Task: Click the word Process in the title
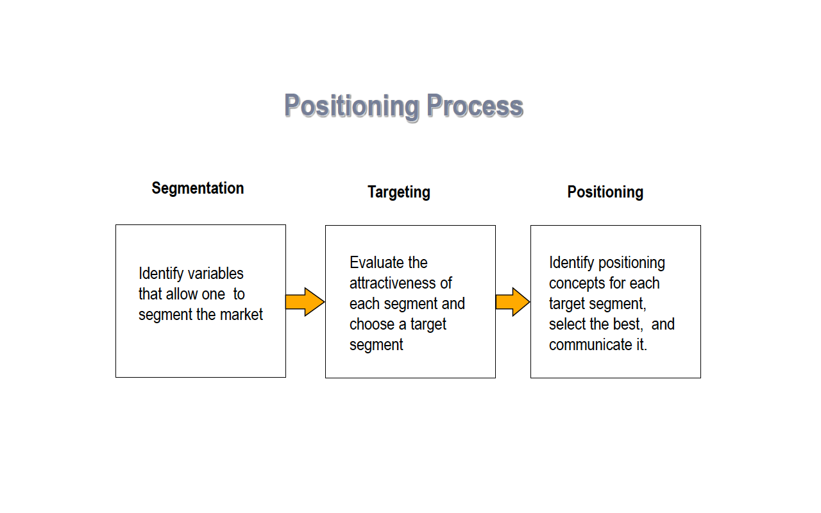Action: (475, 106)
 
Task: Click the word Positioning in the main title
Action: (352, 106)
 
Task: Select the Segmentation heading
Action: (198, 188)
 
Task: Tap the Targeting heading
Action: (398, 192)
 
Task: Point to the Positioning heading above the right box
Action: (605, 192)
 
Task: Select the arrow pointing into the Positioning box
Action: (512, 301)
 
